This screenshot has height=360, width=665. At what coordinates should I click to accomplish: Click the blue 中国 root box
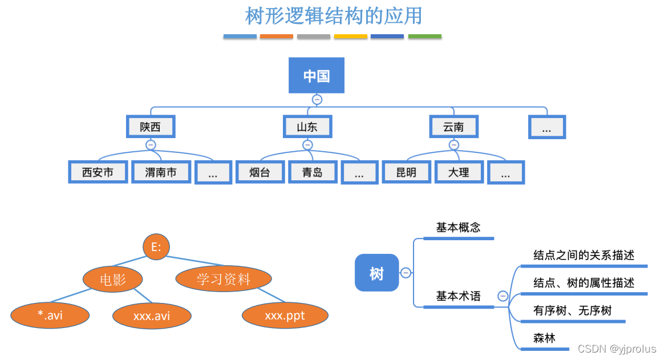(x=316, y=75)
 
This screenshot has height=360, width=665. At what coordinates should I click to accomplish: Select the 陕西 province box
(x=151, y=127)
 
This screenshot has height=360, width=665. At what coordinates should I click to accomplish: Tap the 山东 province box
(x=307, y=127)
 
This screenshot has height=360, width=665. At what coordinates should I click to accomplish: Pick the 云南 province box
(x=453, y=127)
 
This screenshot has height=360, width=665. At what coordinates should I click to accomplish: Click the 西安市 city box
(x=98, y=172)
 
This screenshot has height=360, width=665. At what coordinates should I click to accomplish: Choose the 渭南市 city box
(x=161, y=172)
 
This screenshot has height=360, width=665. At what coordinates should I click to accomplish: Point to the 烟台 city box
(x=260, y=172)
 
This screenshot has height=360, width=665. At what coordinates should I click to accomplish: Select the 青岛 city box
(x=313, y=172)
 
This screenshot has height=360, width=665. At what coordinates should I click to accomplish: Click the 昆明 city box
(x=406, y=172)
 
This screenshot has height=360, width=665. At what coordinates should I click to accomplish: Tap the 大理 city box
(x=459, y=172)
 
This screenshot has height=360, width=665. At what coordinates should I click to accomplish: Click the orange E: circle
(x=157, y=246)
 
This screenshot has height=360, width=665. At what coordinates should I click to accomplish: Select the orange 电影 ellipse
(x=112, y=279)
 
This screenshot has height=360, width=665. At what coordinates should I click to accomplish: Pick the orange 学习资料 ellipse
(x=224, y=279)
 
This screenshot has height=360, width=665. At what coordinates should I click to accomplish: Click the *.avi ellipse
(x=50, y=315)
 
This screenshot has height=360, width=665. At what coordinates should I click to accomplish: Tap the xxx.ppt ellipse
(x=285, y=315)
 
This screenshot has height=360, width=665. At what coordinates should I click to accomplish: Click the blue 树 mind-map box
(x=376, y=273)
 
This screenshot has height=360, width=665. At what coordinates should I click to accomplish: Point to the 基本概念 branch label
(x=458, y=227)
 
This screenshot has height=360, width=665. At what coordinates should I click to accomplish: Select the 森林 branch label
(x=544, y=338)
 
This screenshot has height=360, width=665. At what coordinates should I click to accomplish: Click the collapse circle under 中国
(x=317, y=99)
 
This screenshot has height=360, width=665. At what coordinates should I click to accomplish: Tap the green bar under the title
(x=424, y=37)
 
